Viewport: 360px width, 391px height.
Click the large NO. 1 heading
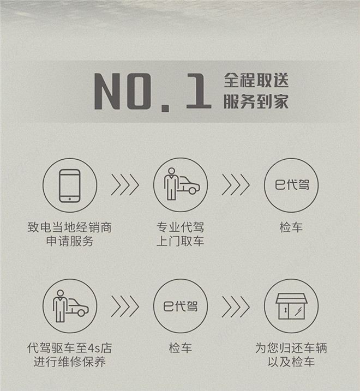152,92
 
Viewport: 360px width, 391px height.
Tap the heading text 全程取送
256,80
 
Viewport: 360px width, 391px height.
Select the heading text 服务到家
256,101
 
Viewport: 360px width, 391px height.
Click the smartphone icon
70,185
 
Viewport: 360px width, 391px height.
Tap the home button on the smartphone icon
70,198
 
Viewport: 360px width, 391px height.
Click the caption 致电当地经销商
70,227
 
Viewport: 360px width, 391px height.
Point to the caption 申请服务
70,241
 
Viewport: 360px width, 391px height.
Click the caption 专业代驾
181,227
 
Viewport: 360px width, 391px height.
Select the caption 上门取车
181,241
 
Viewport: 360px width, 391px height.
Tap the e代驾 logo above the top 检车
292,185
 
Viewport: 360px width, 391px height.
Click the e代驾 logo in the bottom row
181,306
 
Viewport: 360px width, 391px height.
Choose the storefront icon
291,306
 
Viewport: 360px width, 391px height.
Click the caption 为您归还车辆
291,348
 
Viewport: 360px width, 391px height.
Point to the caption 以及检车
291,362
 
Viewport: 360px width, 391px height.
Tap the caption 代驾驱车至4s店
70,348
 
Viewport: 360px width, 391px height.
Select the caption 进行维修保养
70,362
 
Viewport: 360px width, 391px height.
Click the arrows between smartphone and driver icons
125,185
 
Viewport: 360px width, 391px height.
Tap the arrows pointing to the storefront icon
236,306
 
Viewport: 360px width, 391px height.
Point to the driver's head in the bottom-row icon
61,293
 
